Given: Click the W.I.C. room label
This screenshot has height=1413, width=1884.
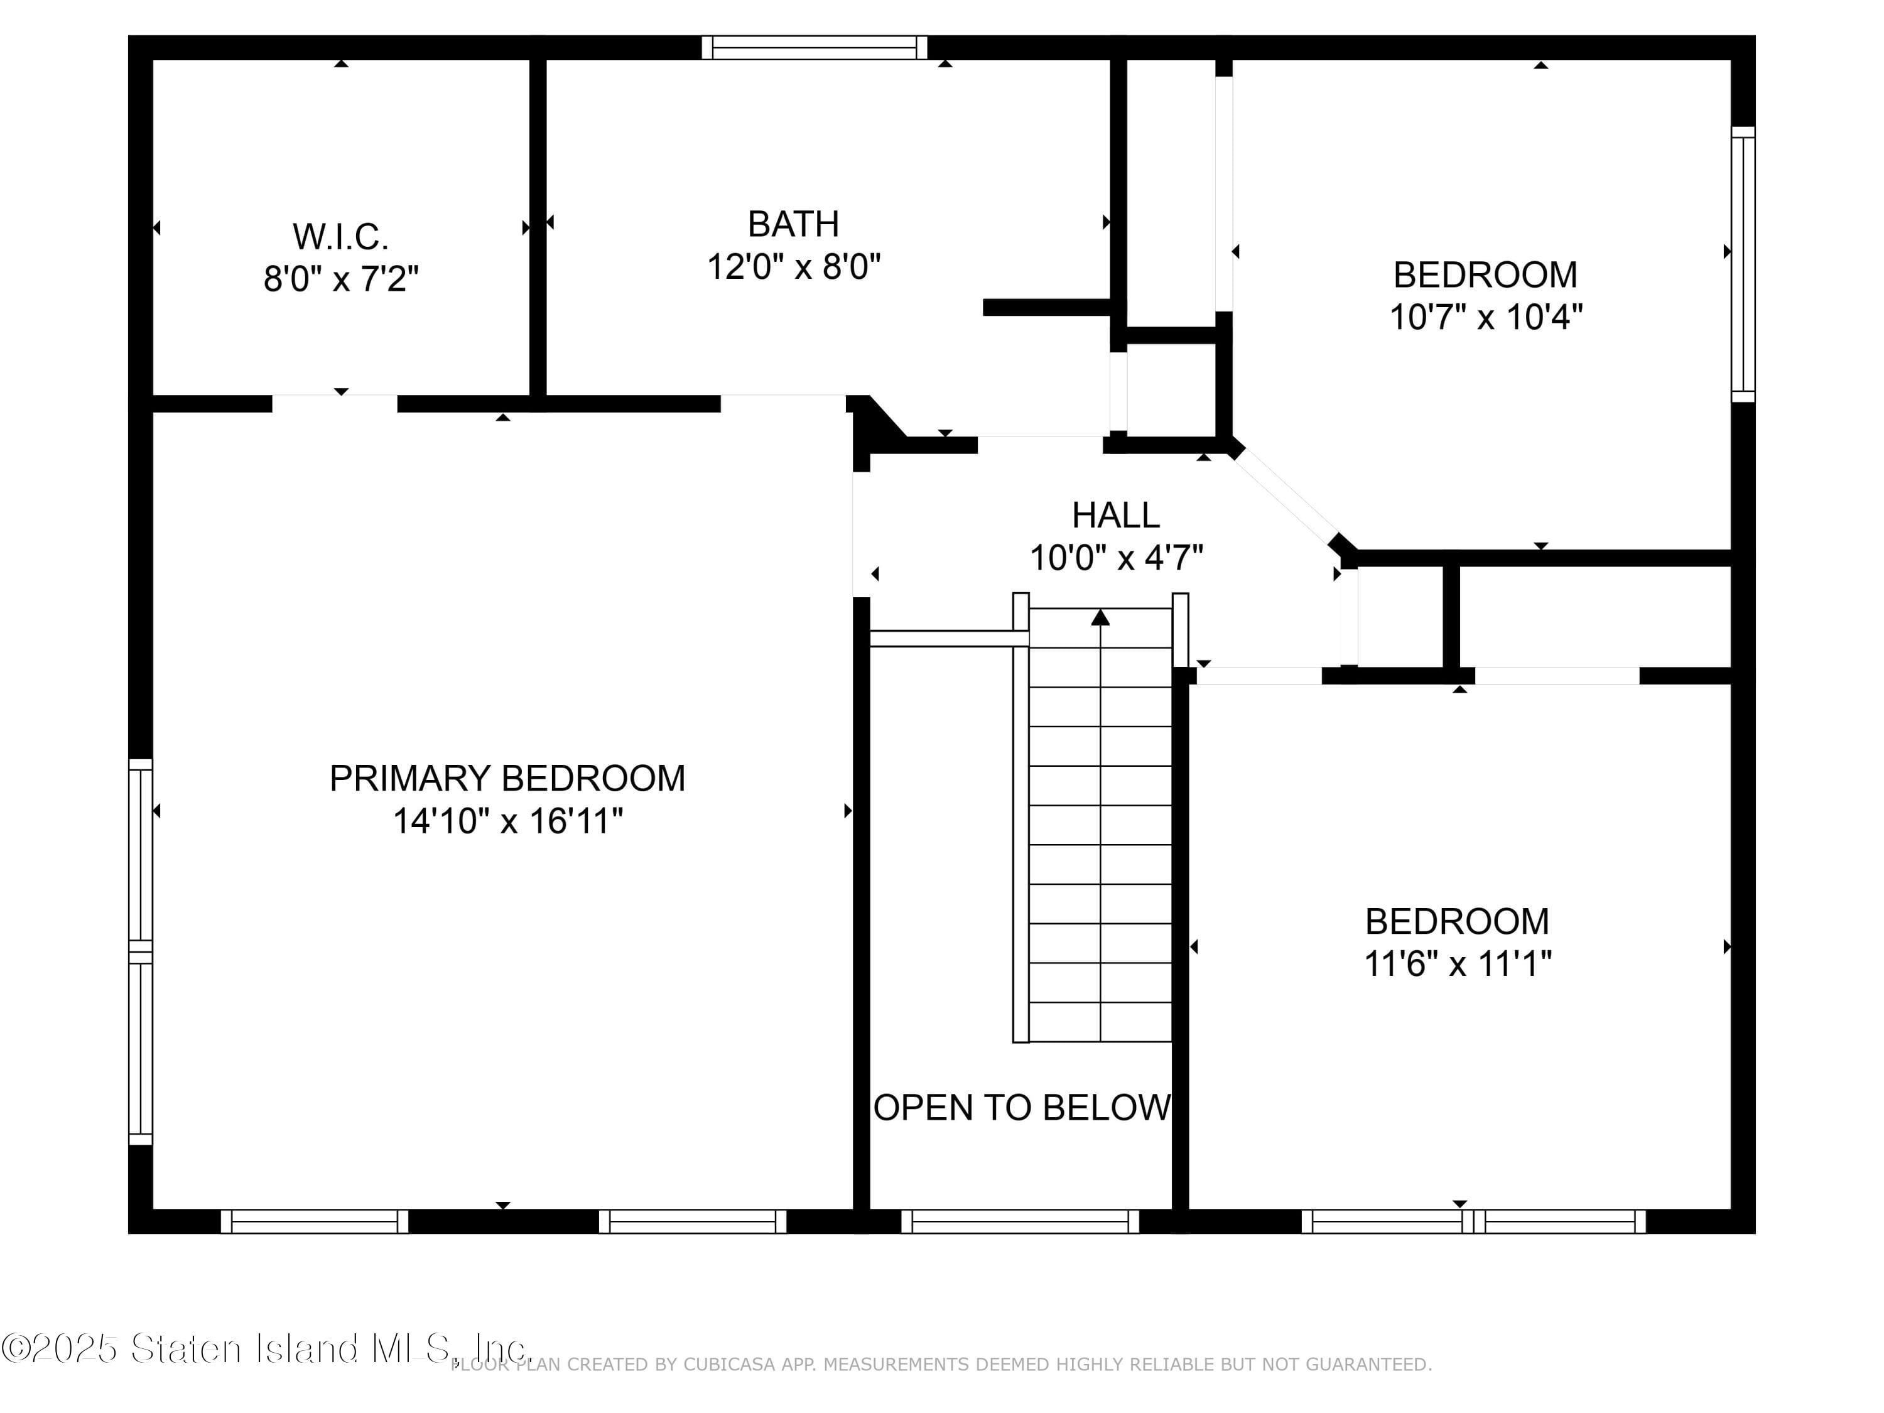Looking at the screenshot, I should (x=340, y=237).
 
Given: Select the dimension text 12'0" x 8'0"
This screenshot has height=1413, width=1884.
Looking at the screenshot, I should (x=793, y=267).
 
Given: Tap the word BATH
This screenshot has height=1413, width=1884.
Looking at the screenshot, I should (x=793, y=224).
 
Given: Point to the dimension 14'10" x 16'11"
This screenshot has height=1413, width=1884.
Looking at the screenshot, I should (x=507, y=821).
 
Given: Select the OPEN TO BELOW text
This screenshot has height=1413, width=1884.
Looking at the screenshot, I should (x=1022, y=1108).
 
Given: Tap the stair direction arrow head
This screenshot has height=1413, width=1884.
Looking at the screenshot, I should (x=1100, y=617).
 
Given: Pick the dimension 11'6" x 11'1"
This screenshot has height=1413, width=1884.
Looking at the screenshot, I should (x=1458, y=964).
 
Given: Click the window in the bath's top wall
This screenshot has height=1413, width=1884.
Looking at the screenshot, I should (x=815, y=48).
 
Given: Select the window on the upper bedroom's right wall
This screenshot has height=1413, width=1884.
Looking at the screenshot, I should (x=1743, y=264).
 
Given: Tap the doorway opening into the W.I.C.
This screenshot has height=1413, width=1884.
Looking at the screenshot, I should (x=335, y=403).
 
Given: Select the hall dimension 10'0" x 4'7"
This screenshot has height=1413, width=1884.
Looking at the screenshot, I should (x=1116, y=558).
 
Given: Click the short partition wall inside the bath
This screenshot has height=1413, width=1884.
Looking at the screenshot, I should (x=1047, y=308).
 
